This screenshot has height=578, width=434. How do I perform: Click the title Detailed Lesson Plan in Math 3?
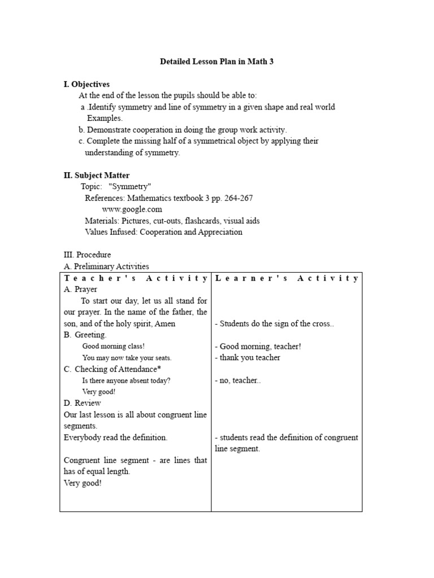pos(217,62)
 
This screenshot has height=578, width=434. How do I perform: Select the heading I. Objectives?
pos(86,84)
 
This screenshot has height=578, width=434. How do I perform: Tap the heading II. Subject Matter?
pos(96,176)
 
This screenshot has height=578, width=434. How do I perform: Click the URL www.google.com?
pos(128,209)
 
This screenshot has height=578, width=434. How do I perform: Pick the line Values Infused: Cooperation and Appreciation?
pos(163,232)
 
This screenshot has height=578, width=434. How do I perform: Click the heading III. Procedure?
pos(87,255)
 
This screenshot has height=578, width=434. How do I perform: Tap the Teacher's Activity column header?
pos(136,278)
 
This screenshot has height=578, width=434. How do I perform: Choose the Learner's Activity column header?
pos(287,278)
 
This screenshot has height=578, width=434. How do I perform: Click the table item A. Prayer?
pos(81,290)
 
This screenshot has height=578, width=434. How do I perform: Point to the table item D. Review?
pos(83,403)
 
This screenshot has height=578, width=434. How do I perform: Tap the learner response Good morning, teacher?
pos(260,347)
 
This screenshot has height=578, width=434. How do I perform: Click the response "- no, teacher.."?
pos(238,380)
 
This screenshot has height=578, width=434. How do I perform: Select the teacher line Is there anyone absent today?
pos(126,380)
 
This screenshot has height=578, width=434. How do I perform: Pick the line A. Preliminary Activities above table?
pos(106,266)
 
